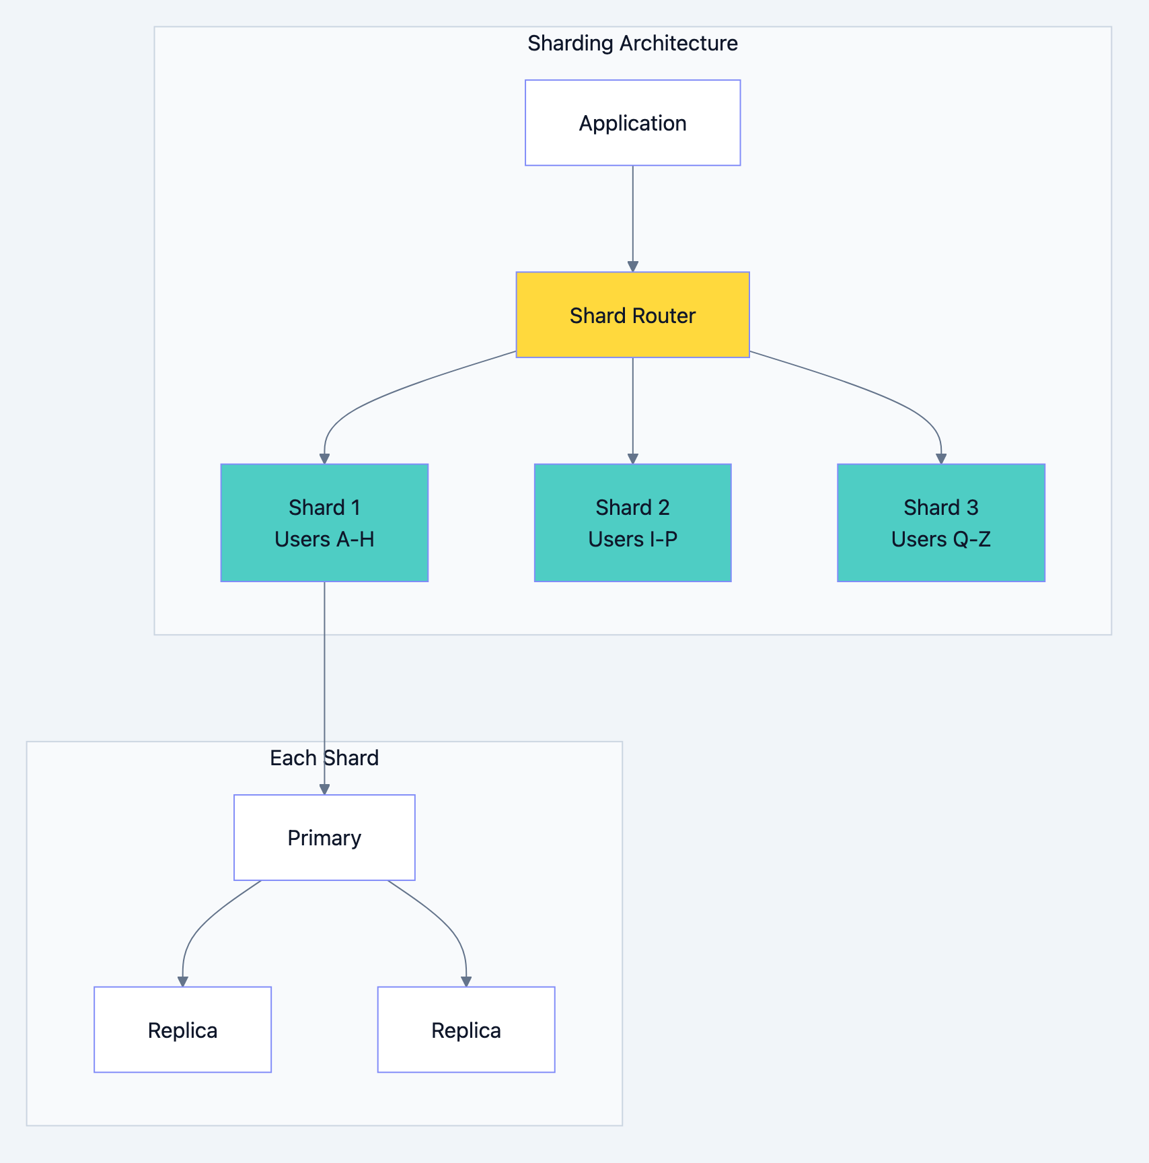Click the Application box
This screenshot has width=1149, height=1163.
coord(632,123)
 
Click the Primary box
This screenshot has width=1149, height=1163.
coord(324,838)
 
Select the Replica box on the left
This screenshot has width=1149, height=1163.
coord(182,1030)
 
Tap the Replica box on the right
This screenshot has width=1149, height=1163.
coord(466,1030)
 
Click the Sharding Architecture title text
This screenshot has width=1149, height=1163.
coord(632,43)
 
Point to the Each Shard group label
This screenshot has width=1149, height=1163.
coord(324,758)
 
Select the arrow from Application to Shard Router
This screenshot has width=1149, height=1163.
coord(632,215)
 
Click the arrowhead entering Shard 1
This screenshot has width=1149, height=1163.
coord(324,458)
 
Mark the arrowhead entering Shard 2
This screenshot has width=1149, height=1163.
coord(632,458)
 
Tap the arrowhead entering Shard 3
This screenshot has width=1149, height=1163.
coord(940,458)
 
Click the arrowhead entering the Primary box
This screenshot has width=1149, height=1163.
coord(324,789)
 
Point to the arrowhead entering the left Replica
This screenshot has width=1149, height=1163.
coord(182,981)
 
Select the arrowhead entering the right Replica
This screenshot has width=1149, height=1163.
coord(466,981)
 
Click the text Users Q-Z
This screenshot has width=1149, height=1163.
coord(940,539)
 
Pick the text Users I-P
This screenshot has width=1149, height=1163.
coord(632,539)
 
